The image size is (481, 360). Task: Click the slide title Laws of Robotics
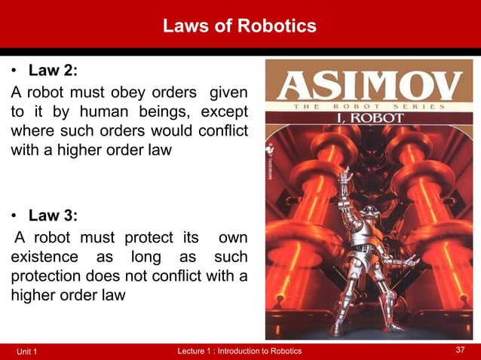coord(240,26)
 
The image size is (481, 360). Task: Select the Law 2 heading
coord(53,72)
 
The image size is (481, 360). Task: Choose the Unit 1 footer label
coord(31,352)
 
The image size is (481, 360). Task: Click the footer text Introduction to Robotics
coord(256,351)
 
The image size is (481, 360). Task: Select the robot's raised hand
coord(345,178)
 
